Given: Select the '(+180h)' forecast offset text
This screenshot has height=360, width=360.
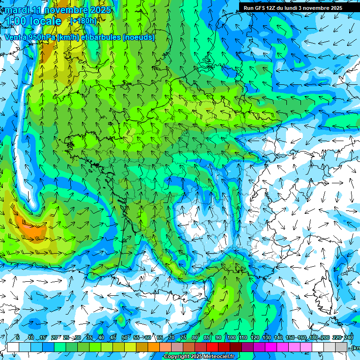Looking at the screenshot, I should [83, 21].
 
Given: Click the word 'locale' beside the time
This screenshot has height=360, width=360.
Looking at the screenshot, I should [45, 21].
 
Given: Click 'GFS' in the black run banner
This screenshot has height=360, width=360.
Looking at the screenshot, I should [263, 8].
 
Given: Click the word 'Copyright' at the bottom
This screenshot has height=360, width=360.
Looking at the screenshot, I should [177, 357].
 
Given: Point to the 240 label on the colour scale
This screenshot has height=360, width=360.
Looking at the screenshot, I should [349, 337].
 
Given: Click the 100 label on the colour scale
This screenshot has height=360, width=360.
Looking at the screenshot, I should [231, 337].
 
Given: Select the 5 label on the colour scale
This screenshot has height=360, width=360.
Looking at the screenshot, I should [17, 337].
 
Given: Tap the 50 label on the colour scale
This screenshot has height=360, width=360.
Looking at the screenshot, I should [125, 337].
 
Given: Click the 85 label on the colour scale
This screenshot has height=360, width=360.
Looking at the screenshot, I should [207, 337].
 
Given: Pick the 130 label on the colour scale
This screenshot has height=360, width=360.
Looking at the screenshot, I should [266, 337].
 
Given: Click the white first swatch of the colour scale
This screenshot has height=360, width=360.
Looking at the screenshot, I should [13, 347].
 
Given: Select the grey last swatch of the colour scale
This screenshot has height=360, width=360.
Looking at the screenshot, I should [341, 347].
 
